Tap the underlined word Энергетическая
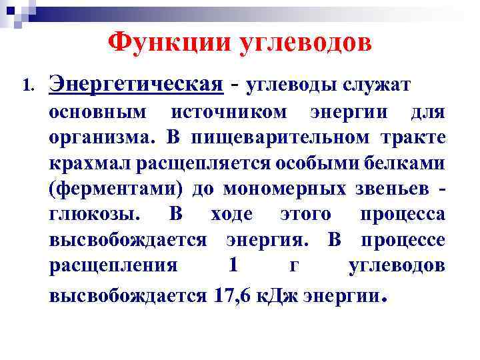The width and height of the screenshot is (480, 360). [135, 85]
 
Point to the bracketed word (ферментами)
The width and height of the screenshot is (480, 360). [115, 189]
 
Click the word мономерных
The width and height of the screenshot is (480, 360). [283, 189]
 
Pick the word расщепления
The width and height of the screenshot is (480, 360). [113, 266]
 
